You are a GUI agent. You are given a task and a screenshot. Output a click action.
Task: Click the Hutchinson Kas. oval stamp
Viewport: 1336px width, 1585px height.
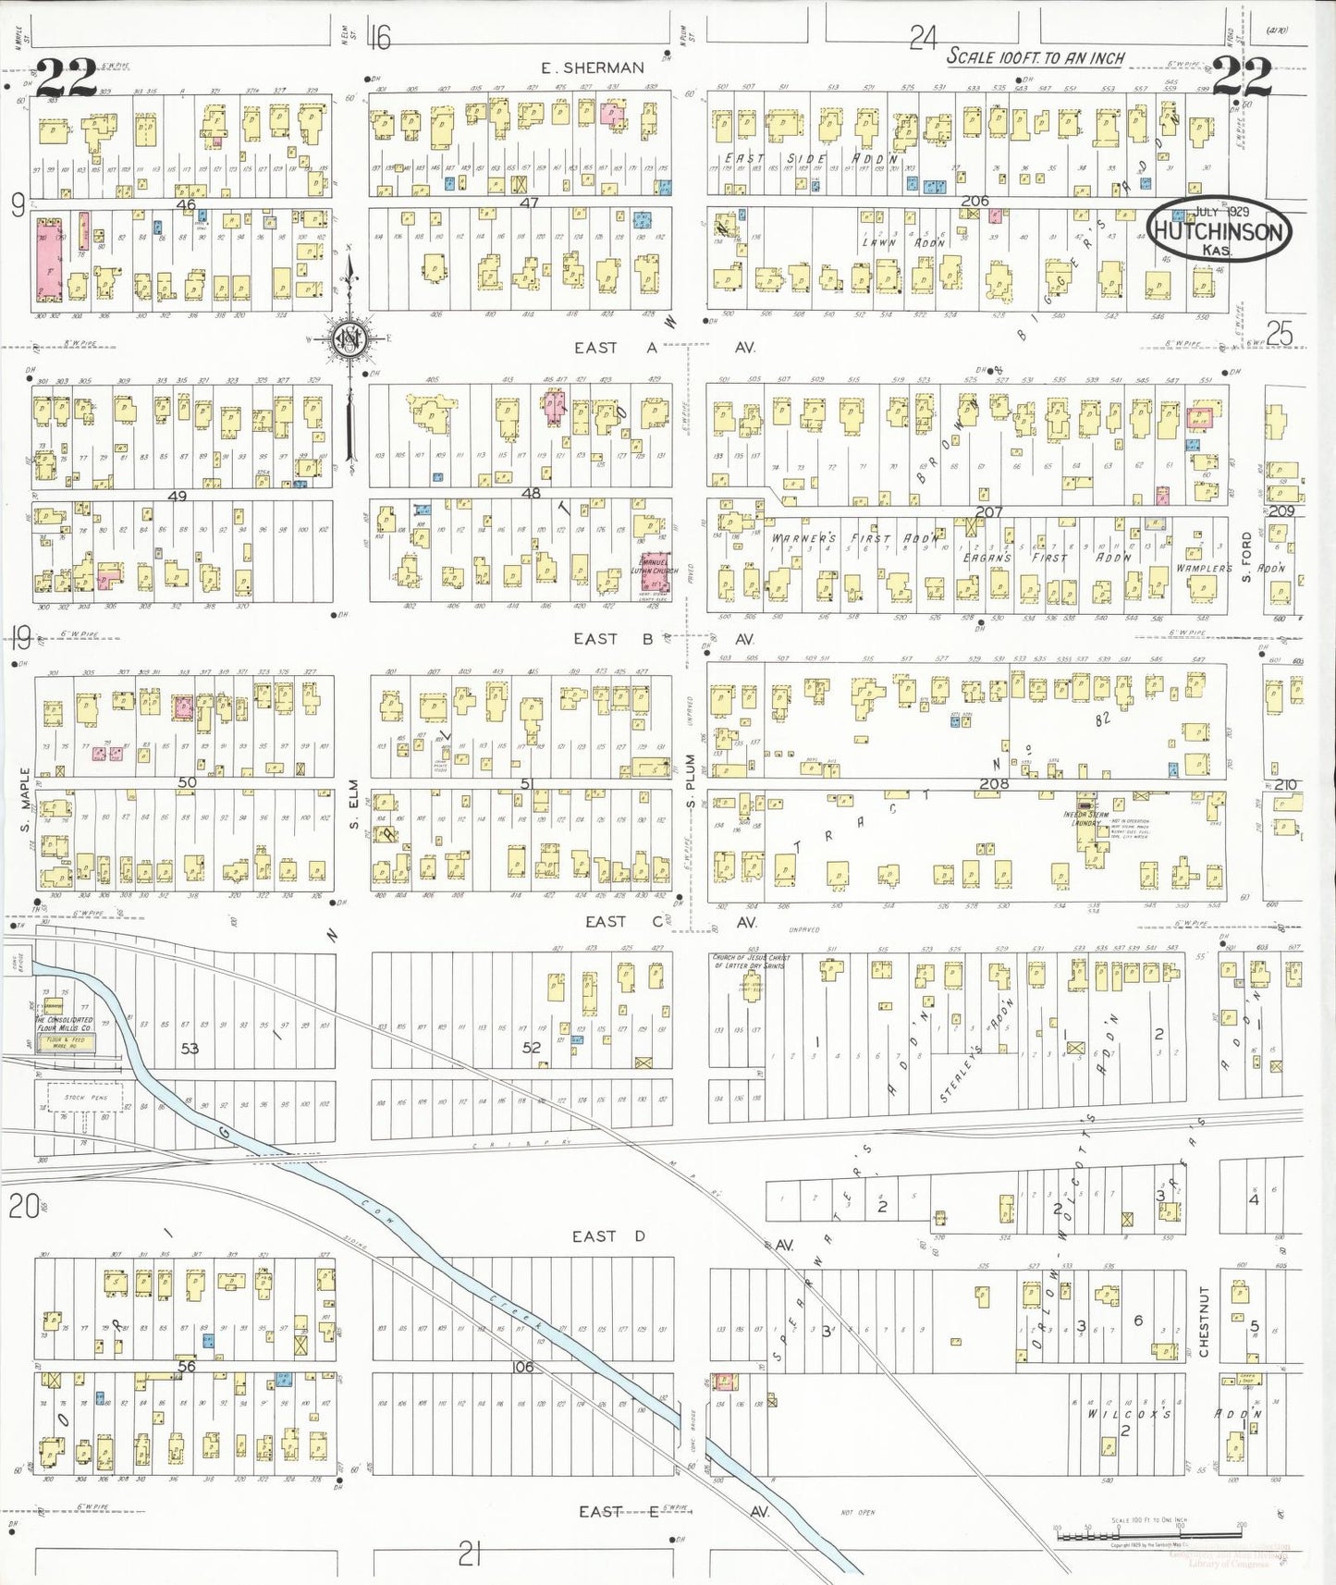tap(1219, 229)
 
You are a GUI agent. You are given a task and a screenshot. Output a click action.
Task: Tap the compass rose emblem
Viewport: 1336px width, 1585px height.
tap(350, 340)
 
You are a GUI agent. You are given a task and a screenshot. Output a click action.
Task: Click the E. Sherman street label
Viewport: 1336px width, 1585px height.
tap(592, 68)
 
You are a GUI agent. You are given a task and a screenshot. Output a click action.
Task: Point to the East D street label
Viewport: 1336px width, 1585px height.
tap(607, 1236)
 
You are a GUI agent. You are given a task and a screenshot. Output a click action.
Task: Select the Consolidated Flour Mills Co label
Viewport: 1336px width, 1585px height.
tap(64, 1024)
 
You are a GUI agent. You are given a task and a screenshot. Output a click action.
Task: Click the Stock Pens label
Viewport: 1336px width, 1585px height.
tap(85, 1098)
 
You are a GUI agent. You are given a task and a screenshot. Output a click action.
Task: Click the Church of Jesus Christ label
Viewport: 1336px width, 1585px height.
tap(750, 961)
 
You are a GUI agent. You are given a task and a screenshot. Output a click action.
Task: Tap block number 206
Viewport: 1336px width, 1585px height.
tap(974, 201)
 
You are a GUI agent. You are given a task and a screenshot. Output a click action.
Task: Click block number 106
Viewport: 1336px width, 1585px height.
tap(522, 1366)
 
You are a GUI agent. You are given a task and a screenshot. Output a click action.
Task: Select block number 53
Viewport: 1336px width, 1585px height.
tap(190, 1048)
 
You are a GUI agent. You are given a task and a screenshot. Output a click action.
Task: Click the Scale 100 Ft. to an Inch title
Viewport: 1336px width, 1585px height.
tap(1035, 57)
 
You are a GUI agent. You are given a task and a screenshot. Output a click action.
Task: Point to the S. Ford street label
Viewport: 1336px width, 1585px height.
tap(1246, 556)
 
